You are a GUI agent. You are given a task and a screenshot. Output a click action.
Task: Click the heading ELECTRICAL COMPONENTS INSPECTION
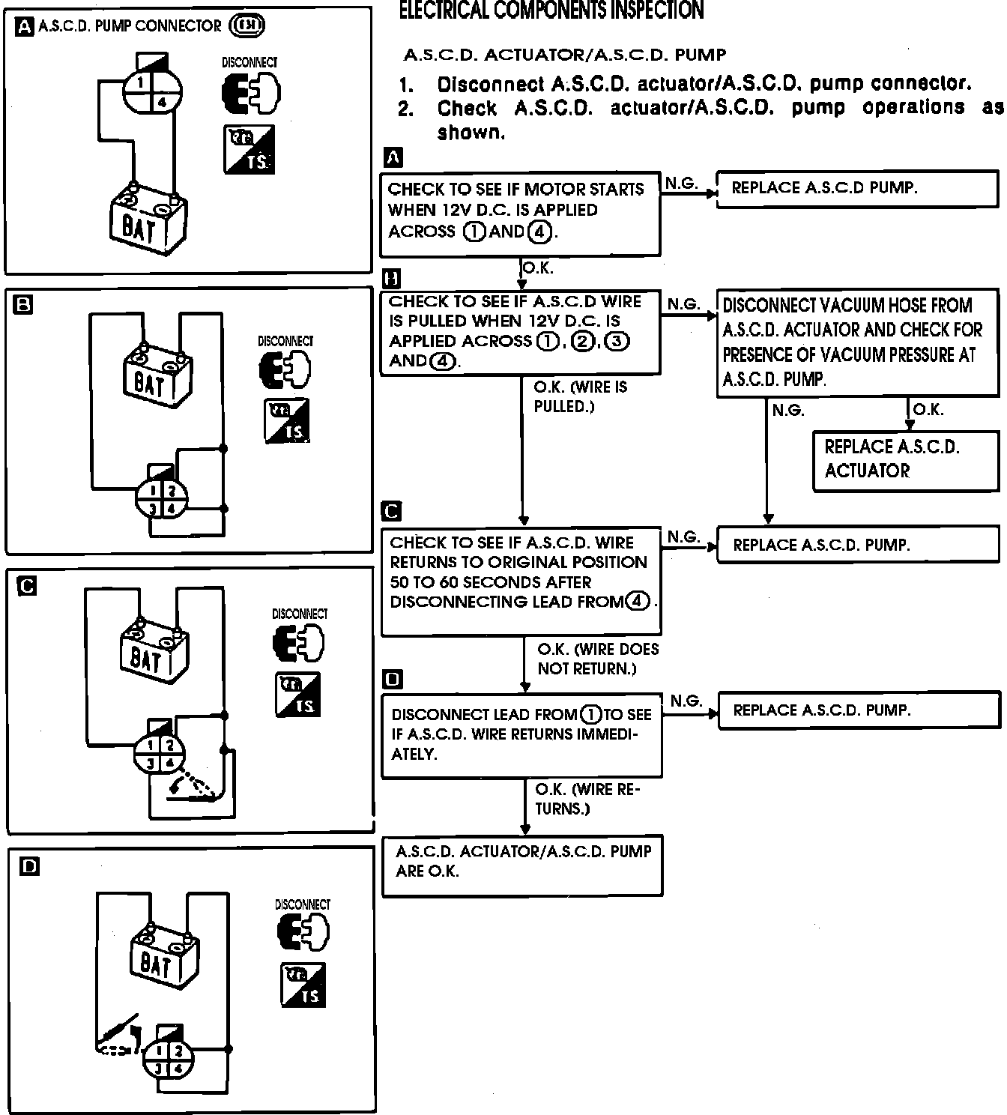[551, 10]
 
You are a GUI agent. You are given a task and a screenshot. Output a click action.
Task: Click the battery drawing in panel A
[148, 219]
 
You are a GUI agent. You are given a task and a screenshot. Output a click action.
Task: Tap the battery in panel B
[157, 377]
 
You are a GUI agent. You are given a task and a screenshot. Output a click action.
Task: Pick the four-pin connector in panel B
[161, 499]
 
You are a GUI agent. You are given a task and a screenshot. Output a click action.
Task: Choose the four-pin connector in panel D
[169, 1060]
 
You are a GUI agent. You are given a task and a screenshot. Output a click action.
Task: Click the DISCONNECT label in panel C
[300, 614]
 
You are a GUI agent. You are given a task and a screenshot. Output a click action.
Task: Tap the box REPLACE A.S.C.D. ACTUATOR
[905, 460]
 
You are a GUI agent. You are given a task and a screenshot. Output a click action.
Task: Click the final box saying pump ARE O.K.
[522, 864]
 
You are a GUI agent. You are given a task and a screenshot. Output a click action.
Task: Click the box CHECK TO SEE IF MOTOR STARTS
[520, 211]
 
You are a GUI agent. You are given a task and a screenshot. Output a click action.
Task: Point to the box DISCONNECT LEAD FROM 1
[521, 735]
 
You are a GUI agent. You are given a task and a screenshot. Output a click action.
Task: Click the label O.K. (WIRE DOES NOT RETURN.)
[597, 659]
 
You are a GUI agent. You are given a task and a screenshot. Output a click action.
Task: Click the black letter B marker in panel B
[23, 304]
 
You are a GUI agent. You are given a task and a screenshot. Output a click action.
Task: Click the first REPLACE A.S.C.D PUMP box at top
[857, 189]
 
